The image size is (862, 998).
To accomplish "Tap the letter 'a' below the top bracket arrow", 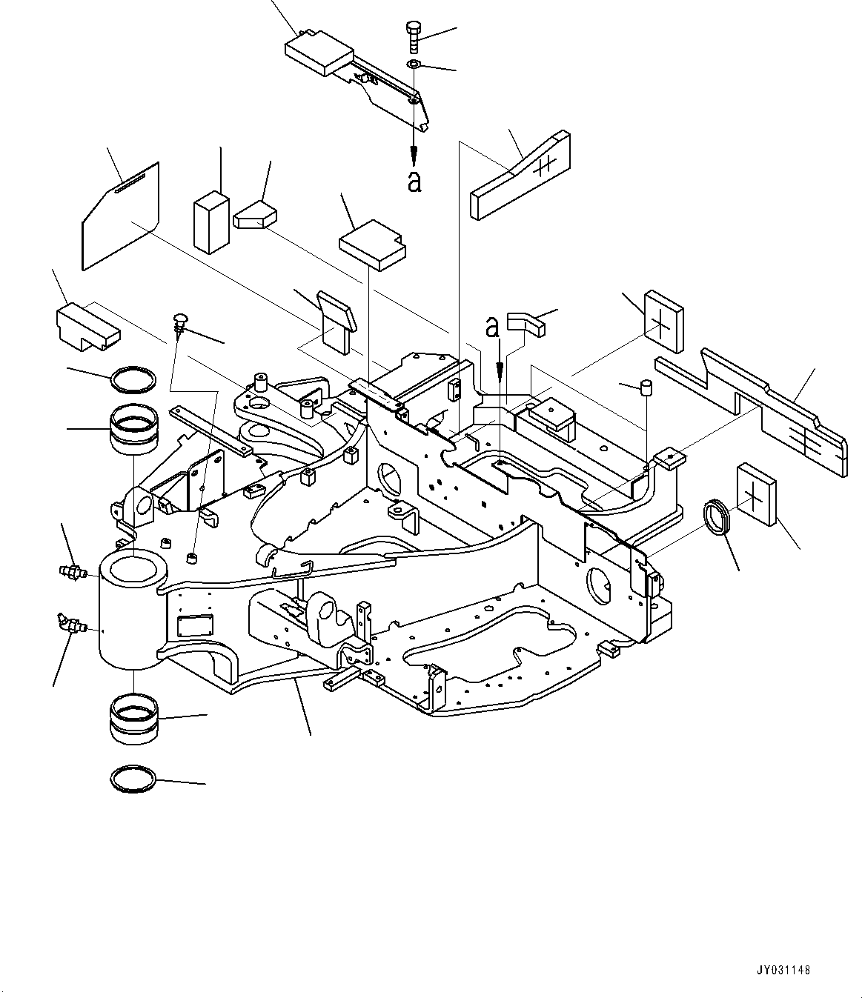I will click(x=414, y=181).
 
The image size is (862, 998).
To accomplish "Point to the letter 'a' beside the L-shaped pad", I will click(x=492, y=326).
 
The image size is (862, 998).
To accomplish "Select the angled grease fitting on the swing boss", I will click(x=70, y=624).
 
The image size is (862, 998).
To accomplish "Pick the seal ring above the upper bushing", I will click(x=133, y=380).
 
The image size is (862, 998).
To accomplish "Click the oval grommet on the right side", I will click(x=717, y=517).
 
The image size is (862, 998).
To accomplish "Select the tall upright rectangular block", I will click(x=210, y=222).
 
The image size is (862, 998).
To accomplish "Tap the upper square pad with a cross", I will click(x=663, y=319).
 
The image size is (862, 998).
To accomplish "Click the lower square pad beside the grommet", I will click(x=757, y=494).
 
